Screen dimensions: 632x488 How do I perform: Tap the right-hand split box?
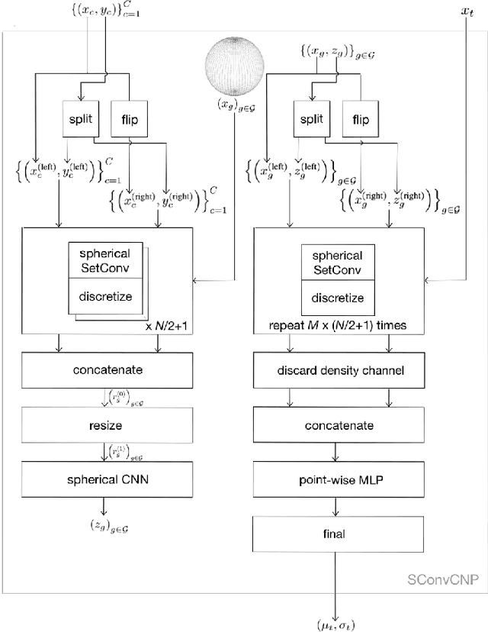pyautogui.click(x=310, y=121)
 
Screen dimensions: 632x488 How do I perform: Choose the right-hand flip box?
pyautogui.click(x=360, y=121)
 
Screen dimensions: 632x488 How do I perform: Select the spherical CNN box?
pyautogui.click(x=103, y=480)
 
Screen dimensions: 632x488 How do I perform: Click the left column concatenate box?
pyautogui.click(x=103, y=371)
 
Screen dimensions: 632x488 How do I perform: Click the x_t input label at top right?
pyautogui.click(x=467, y=12)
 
